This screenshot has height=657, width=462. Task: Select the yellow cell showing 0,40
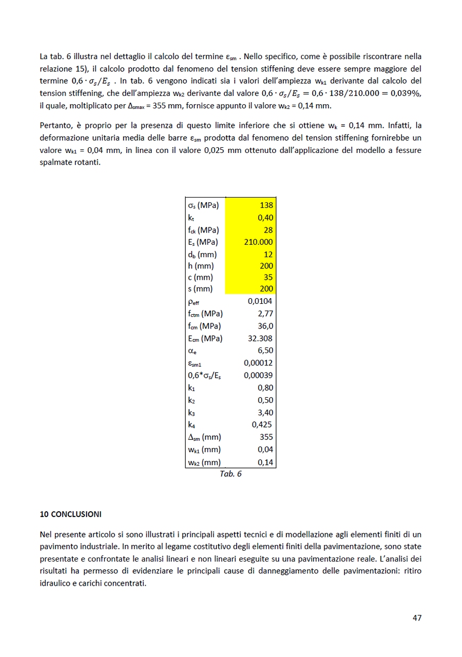(x=265, y=218)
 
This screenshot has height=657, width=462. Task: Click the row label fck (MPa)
(x=203, y=230)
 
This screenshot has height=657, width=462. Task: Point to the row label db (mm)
(x=202, y=254)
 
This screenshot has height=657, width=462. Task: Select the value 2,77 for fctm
(x=265, y=314)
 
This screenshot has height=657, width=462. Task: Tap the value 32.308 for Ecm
(x=261, y=338)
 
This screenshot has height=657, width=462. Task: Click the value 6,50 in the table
(x=265, y=351)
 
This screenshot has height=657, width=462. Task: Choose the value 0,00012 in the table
(x=258, y=363)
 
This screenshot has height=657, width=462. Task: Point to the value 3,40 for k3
(x=265, y=413)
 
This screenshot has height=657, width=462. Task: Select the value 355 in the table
(x=266, y=437)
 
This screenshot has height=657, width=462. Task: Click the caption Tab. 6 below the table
(x=230, y=474)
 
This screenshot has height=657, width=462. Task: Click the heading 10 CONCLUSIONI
(x=70, y=513)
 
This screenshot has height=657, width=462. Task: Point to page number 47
(x=417, y=618)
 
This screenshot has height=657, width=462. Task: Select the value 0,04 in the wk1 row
(x=265, y=450)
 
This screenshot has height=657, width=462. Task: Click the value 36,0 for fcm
(x=265, y=326)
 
